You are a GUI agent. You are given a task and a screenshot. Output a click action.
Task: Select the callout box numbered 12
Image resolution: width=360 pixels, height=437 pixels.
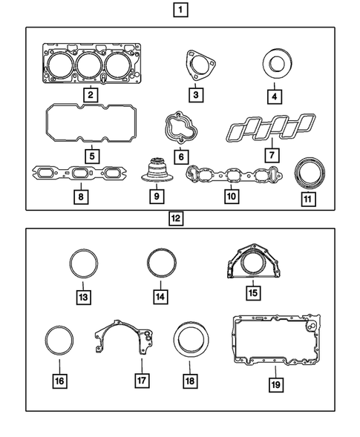[x=176, y=219]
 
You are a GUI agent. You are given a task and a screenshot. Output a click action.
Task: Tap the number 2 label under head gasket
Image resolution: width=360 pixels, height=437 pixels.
[x=89, y=94]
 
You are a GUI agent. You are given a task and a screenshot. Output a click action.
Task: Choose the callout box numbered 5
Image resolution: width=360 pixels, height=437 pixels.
[x=89, y=157]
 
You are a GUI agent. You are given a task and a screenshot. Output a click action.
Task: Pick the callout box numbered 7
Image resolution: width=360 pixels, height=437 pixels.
[x=272, y=155]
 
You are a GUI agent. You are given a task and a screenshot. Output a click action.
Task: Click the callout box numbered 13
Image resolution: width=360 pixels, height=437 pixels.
[x=82, y=298]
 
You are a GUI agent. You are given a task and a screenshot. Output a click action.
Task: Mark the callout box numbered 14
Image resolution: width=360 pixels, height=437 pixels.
[x=159, y=298]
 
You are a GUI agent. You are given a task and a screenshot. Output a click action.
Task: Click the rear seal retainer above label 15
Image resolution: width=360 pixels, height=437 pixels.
[x=252, y=266]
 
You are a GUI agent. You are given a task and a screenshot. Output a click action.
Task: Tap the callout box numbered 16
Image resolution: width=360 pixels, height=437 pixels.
[x=59, y=381]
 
